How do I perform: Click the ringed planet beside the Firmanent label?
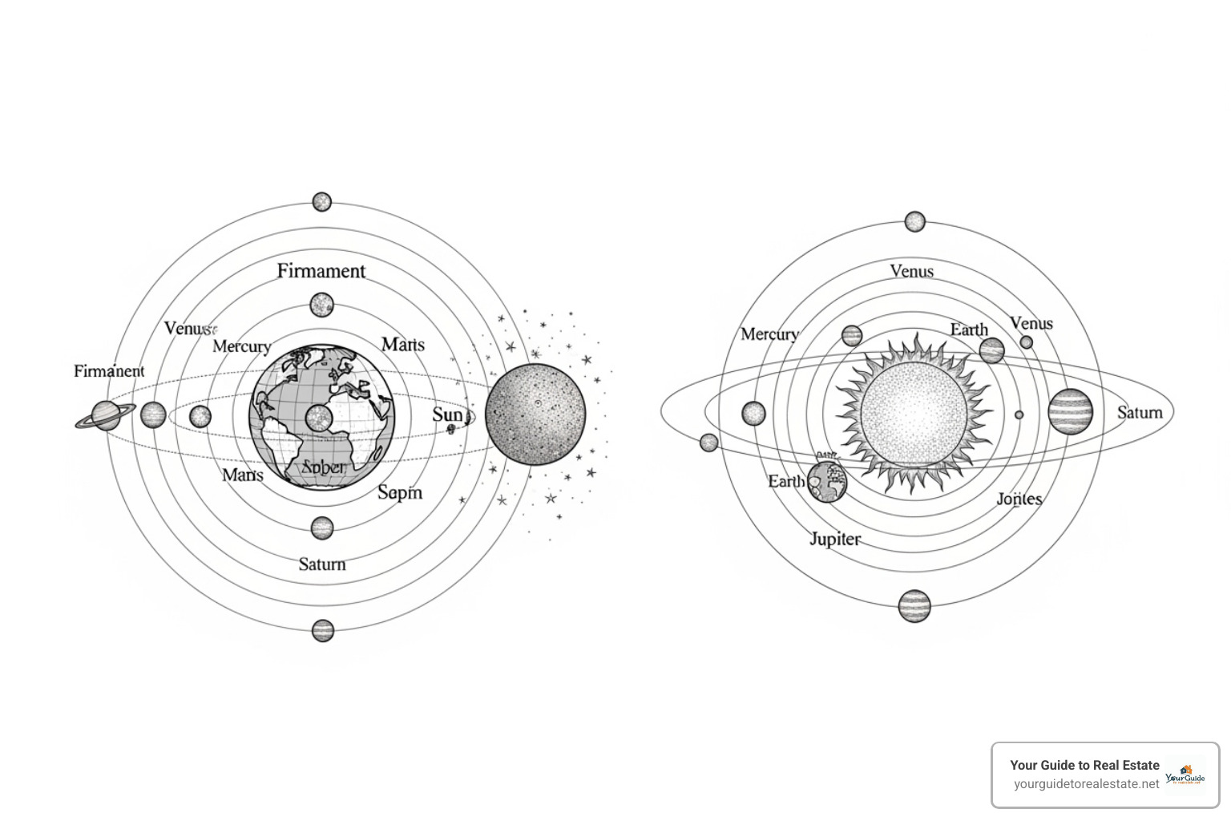[x=106, y=415]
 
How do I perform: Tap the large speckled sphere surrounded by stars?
[x=535, y=415]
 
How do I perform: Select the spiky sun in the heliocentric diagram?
[x=914, y=415]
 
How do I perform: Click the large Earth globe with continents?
[x=322, y=417]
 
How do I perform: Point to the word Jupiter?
[x=835, y=539]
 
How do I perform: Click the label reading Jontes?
[x=1019, y=499]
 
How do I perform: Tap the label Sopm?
[x=399, y=492]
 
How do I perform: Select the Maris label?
[x=402, y=345]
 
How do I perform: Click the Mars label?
[x=242, y=475]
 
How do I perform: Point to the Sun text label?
[x=448, y=415]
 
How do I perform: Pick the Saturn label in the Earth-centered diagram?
[x=322, y=564]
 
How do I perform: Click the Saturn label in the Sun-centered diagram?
[x=1140, y=413]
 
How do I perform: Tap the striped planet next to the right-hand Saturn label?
[x=1070, y=411]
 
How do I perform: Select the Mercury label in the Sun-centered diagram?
[x=769, y=334]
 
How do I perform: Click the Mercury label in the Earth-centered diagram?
[x=241, y=346]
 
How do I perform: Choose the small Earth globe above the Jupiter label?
[x=827, y=481]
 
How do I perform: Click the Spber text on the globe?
[x=323, y=467]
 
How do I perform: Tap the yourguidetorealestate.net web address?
[x=1086, y=784]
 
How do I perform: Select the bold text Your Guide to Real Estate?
[x=1084, y=765]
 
